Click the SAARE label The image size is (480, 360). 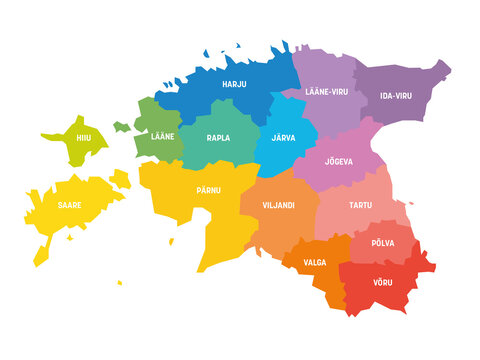click(x=69, y=204)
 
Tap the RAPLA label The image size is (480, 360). click(x=218, y=138)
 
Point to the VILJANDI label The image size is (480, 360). click(x=277, y=205)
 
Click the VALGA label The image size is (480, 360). click(x=314, y=262)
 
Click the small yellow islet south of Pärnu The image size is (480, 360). click(x=172, y=240)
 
